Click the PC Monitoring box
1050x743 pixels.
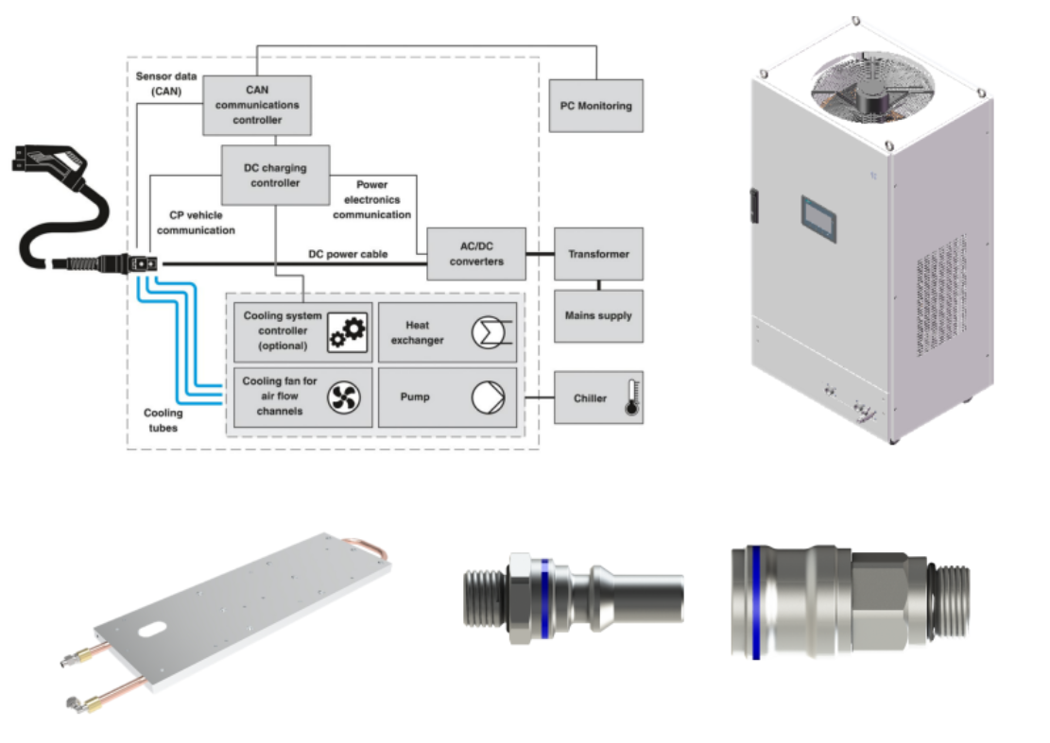pos(596,106)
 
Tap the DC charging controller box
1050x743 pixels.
pos(275,176)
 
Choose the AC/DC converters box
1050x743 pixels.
pos(476,254)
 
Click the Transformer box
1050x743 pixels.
pos(598,254)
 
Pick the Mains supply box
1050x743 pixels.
pos(598,315)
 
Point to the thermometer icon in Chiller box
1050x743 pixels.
pos(630,397)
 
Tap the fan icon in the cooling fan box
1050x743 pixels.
pos(345,397)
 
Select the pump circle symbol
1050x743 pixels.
pos(489,397)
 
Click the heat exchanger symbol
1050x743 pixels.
pos(489,332)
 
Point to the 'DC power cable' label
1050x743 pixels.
pos(348,254)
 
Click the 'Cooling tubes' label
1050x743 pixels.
pos(164,420)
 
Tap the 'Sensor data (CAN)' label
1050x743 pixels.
pos(166,83)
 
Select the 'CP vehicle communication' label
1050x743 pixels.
pos(196,223)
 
